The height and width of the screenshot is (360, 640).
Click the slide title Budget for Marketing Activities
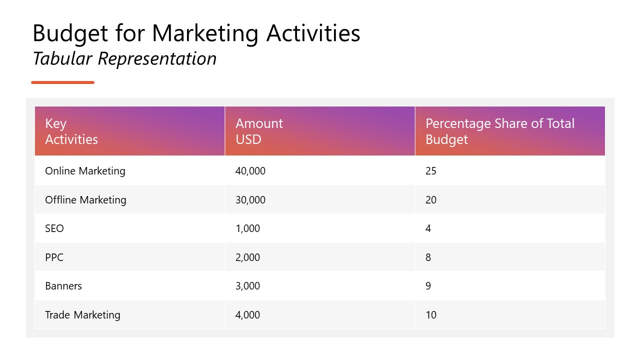pyautogui.click(x=196, y=33)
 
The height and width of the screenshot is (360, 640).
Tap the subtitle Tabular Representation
pyautogui.click(x=124, y=58)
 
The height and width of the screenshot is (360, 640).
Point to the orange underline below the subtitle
pyautogui.click(x=62, y=82)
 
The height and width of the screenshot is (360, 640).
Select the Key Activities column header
pyautogui.click(x=71, y=131)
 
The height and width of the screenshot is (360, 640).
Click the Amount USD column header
pyautogui.click(x=259, y=131)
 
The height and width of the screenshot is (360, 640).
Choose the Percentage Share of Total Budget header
pyautogui.click(x=500, y=131)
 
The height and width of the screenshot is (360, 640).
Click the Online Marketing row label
pyautogui.click(x=85, y=171)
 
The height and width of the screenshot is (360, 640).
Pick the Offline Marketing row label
pyautogui.click(x=85, y=200)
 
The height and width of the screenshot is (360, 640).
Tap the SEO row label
pyautogui.click(x=54, y=228)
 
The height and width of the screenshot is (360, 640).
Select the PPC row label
pyautogui.click(x=54, y=257)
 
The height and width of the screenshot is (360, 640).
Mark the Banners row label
pyautogui.click(x=63, y=286)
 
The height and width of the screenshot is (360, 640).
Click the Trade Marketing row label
pyautogui.click(x=82, y=315)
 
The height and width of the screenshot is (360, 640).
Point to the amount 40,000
pyautogui.click(x=250, y=171)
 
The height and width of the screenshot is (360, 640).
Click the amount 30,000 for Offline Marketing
pyautogui.click(x=250, y=200)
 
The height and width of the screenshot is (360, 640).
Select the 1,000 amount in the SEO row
pyautogui.click(x=247, y=228)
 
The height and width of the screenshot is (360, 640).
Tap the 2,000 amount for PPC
pyautogui.click(x=247, y=257)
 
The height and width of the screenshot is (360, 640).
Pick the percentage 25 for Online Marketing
pyautogui.click(x=431, y=171)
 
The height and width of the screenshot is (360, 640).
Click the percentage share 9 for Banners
pyautogui.click(x=428, y=286)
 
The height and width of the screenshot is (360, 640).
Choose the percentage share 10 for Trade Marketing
pyautogui.click(x=431, y=315)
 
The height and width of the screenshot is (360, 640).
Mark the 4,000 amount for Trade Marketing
pyautogui.click(x=247, y=315)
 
